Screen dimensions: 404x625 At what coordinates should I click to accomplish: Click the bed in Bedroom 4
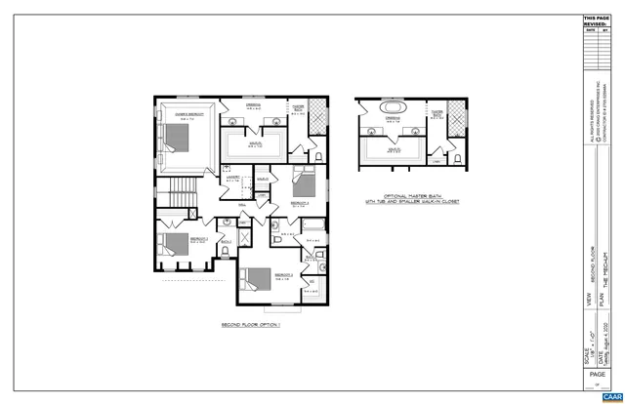(301, 182)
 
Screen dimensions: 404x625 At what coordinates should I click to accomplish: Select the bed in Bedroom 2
(172, 243)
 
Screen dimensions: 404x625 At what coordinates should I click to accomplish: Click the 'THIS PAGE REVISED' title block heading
(596, 21)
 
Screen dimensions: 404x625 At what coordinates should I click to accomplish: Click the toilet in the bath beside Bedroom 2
(226, 251)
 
